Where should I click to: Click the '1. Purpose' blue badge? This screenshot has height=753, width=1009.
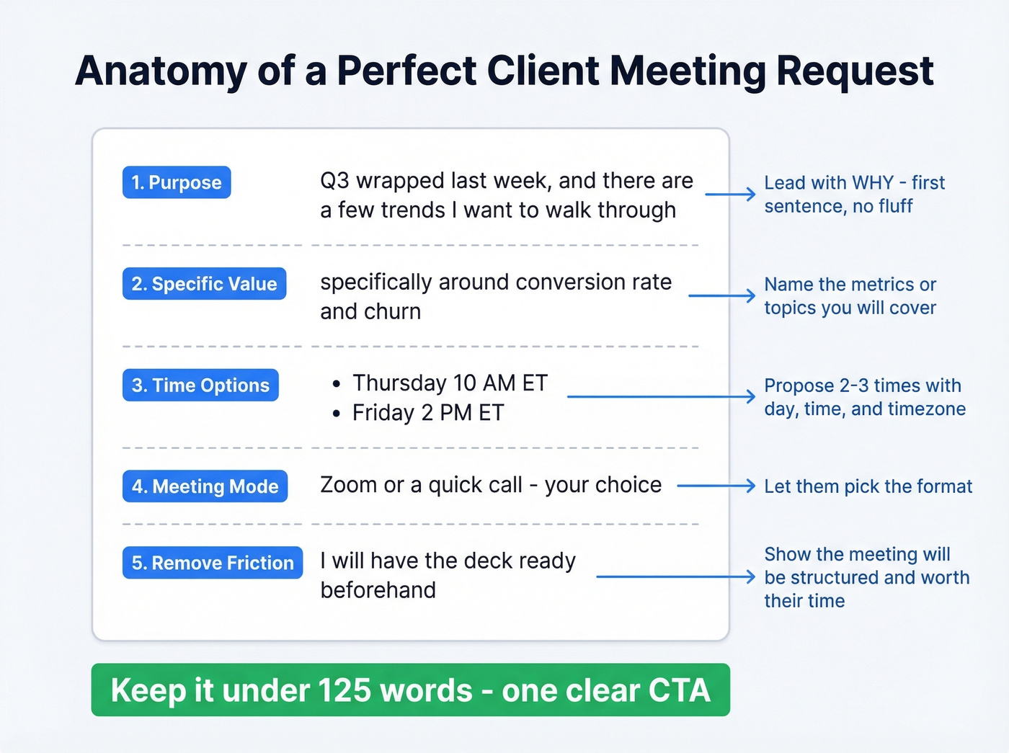coord(177,182)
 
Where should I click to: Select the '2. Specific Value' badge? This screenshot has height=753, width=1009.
coord(204,284)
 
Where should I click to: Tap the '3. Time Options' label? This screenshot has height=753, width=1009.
coord(200,386)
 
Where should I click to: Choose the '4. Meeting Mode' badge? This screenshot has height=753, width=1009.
coord(205,486)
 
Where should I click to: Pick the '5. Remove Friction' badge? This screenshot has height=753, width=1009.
coord(213,563)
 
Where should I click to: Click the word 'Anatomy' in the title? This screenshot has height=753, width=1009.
coord(161,71)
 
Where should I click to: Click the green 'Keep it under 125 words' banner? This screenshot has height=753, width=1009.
coord(410,690)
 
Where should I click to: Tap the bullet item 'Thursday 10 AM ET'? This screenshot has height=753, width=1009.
coord(450,383)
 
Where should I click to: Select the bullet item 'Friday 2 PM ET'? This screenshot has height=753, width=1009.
coord(428,413)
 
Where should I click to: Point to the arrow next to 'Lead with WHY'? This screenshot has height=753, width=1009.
coord(729,195)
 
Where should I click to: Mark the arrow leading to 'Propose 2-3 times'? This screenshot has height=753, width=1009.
coord(661,396)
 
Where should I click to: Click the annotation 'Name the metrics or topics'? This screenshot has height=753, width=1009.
coord(850,296)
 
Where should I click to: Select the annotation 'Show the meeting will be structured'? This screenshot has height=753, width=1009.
coord(866,577)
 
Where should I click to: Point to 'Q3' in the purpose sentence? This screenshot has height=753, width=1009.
coord(334,181)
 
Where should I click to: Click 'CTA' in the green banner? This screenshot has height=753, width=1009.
coord(679,690)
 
